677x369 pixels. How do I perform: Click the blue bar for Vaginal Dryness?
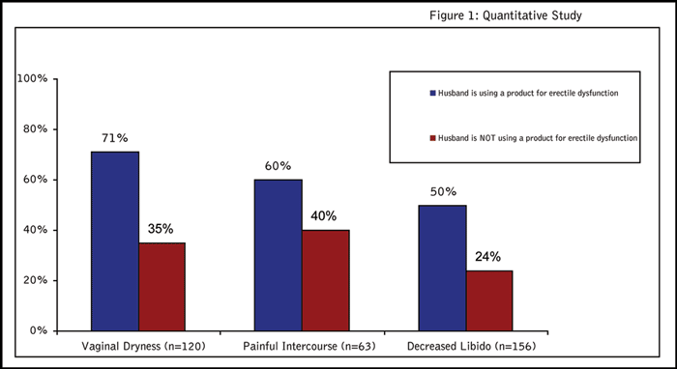[x=115, y=241]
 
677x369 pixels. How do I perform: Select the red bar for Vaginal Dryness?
[x=162, y=287]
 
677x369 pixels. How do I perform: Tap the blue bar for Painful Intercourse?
[x=279, y=255]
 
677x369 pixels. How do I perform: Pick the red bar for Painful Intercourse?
[x=326, y=281]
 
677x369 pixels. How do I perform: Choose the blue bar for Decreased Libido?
[x=443, y=269]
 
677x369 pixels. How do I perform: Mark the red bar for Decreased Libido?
[x=489, y=300]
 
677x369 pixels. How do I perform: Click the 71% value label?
[x=115, y=138]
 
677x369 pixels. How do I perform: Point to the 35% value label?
[x=161, y=229]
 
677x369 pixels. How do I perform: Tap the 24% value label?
[x=487, y=257]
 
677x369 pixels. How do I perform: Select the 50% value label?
[x=443, y=192]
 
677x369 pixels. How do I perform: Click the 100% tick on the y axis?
[x=32, y=79]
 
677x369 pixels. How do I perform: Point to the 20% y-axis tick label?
[x=36, y=281]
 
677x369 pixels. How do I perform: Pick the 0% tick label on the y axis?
[x=39, y=330]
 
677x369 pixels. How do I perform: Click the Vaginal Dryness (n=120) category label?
[x=143, y=346]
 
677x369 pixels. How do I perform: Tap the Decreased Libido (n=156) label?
[x=472, y=346]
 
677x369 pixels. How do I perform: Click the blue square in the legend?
[x=433, y=93]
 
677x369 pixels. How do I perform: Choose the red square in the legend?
[x=433, y=138]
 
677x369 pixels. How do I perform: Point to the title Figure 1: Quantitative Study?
[x=506, y=16]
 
